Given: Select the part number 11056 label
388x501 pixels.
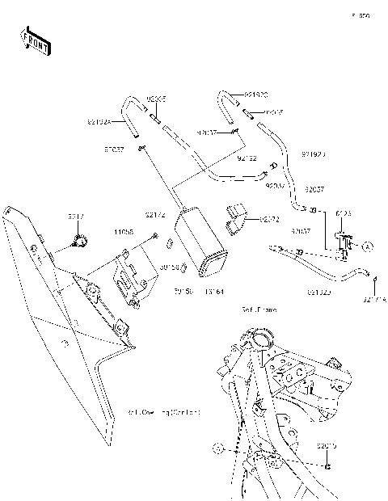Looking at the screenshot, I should (124, 231).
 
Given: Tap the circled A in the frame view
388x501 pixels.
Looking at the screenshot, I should (216, 446).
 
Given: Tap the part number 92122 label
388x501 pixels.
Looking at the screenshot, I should (247, 158).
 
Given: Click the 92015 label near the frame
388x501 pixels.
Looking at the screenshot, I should (327, 445).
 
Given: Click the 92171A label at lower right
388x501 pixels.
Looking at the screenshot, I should (374, 300).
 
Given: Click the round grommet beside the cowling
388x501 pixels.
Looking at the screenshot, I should (80, 238).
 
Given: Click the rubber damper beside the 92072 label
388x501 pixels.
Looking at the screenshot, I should (237, 221).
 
